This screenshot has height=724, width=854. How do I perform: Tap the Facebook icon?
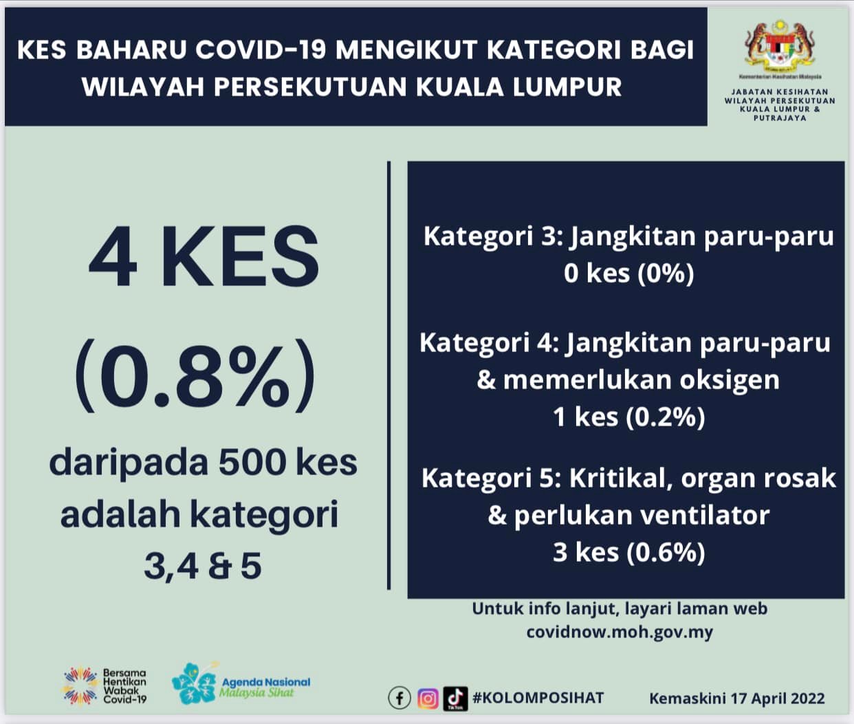click(x=399, y=699)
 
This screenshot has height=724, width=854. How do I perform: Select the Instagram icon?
click(x=428, y=699)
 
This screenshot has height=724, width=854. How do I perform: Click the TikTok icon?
click(x=455, y=699)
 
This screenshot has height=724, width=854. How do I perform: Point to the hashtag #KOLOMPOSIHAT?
click(x=538, y=698)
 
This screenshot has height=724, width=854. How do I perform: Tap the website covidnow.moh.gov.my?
click(x=620, y=633)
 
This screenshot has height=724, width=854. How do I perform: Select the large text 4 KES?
click(x=204, y=256)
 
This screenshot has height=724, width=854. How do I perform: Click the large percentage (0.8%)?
click(x=195, y=375)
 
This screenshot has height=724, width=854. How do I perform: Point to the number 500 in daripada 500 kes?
click(x=253, y=463)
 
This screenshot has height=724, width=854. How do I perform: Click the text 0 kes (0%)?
click(x=629, y=274)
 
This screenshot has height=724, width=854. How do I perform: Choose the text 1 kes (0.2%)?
click(x=629, y=417)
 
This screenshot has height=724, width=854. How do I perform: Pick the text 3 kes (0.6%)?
click(x=629, y=553)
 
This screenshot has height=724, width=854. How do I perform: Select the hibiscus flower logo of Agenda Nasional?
click(x=194, y=684)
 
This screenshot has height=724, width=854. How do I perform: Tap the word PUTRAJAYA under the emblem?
click(x=780, y=118)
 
